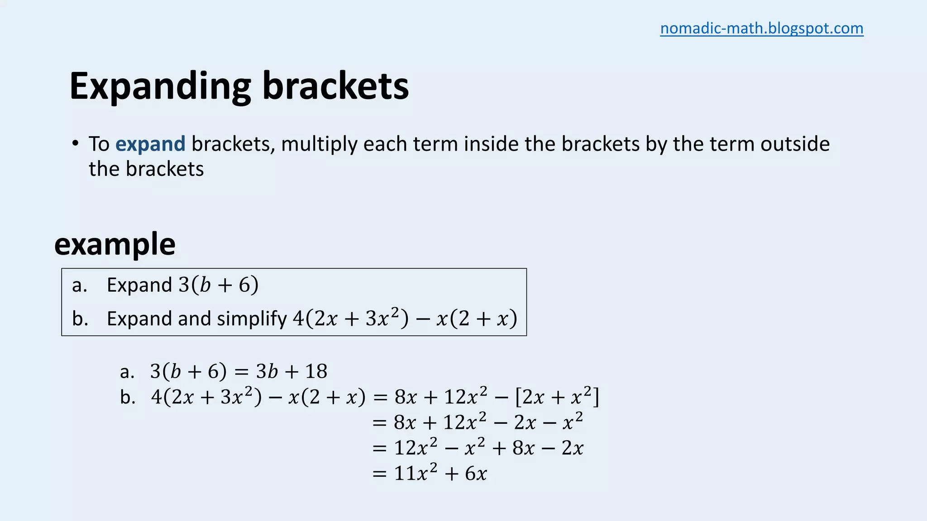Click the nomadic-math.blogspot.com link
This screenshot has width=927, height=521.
coord(761,28)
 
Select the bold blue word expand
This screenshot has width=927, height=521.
coord(150,144)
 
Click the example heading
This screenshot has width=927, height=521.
coord(115,244)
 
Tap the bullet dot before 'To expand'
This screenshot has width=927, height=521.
coord(75,143)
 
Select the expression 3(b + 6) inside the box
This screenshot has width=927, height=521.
coord(219,285)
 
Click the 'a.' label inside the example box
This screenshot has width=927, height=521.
coord(80,285)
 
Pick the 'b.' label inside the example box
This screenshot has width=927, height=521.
coord(80,319)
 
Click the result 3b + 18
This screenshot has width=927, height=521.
coord(291,371)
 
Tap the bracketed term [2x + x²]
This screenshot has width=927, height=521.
coord(557,397)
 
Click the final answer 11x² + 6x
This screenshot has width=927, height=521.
coord(440,473)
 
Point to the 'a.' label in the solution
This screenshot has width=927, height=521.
coord(127,372)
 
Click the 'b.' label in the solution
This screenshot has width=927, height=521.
coord(128,397)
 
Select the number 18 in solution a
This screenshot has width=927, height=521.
coord(316,371)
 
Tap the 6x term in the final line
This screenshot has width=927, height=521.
coord(476,474)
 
